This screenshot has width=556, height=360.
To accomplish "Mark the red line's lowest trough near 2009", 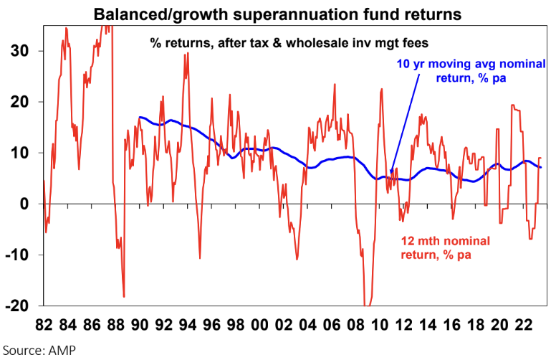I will (x=367, y=304).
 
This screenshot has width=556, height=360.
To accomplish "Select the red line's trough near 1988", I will (x=124, y=296).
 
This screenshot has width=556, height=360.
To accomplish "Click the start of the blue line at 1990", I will (x=140, y=117).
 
